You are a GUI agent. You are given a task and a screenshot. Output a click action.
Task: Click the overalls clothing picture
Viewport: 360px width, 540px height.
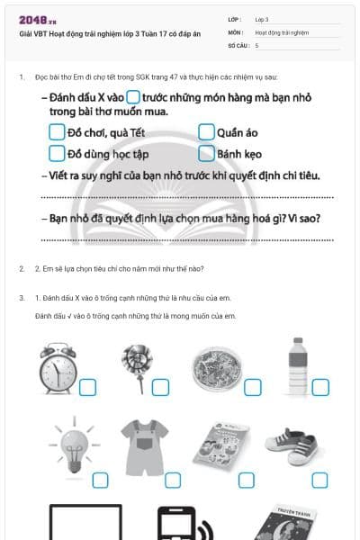140,446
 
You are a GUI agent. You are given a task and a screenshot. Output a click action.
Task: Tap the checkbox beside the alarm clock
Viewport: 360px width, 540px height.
88,388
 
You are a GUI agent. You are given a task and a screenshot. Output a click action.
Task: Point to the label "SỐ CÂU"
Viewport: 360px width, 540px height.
238,44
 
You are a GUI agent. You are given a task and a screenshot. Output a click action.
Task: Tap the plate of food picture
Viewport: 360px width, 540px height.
214,369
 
